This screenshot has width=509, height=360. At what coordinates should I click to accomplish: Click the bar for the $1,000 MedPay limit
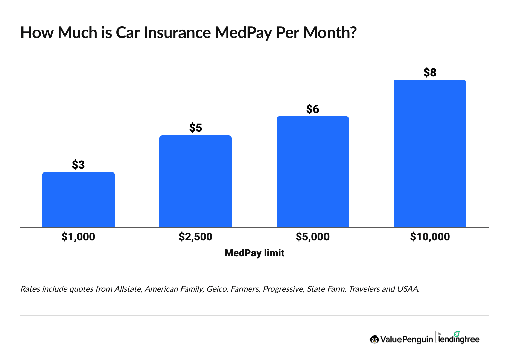78,199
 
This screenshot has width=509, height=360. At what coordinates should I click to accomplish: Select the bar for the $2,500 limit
196,181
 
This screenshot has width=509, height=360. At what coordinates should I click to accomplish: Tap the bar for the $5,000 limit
313,172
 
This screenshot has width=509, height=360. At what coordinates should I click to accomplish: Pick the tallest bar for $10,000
430,153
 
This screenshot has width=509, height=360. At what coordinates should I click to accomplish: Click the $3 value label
78,165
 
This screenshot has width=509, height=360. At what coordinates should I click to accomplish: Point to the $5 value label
196,128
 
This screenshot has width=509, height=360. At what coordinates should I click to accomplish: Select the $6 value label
313,109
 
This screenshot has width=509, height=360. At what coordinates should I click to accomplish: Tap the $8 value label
430,72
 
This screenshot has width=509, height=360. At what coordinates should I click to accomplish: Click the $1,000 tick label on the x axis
78,237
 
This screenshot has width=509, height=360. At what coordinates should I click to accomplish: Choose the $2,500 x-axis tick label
196,237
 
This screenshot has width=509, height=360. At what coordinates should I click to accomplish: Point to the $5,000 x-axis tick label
313,237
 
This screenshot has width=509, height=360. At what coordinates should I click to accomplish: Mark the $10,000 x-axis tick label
430,237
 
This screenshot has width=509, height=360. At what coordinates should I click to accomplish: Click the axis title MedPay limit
254,253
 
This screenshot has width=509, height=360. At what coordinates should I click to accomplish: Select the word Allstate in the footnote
127,289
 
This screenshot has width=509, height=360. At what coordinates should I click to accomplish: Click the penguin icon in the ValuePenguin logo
374,339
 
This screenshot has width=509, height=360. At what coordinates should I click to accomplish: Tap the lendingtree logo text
459,340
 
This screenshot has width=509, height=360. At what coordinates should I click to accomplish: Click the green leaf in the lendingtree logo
457,334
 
